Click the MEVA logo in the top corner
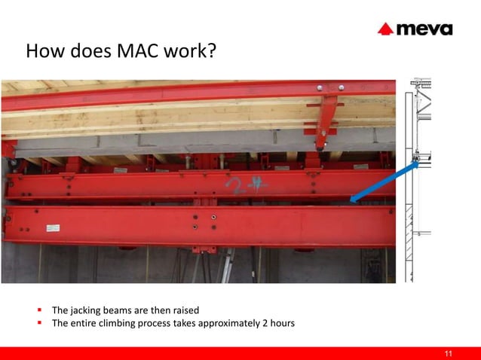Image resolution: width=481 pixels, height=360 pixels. pos(415,29)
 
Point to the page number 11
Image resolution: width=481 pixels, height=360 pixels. pos(449,354)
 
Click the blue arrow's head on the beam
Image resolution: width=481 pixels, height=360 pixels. pos(355,200)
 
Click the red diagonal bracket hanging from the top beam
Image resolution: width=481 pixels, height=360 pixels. pos(325,121)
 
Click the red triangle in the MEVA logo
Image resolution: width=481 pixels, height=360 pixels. pos(385,29)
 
